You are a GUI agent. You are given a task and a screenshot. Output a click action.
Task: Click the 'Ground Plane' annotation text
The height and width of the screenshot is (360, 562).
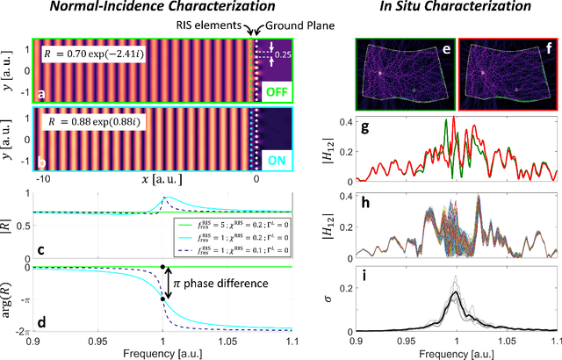291,26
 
